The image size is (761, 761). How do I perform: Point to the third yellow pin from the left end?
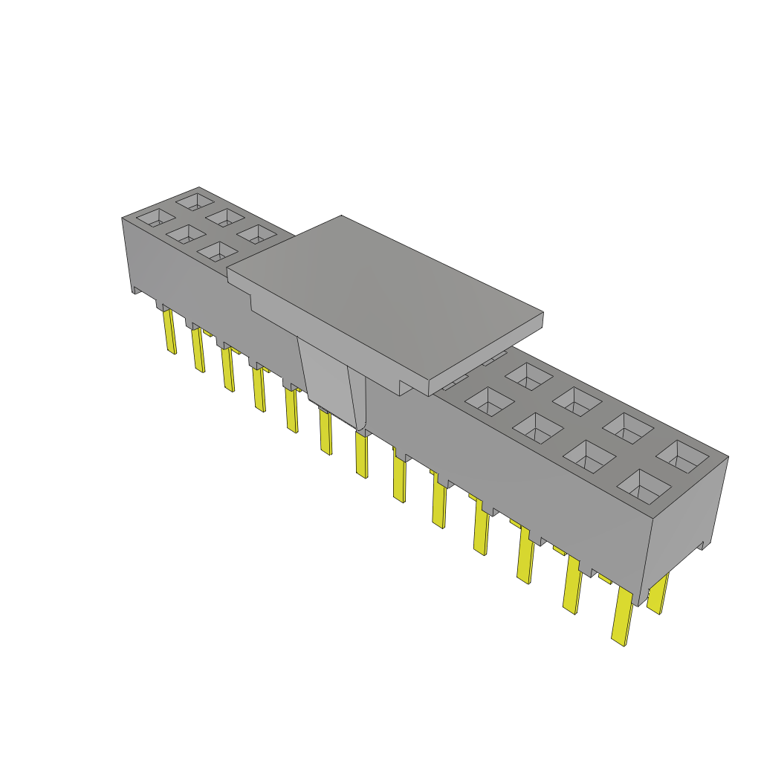tap(227, 369)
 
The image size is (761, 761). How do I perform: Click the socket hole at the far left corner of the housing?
tap(154, 218)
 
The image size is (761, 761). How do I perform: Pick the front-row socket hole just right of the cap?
tap(489, 401)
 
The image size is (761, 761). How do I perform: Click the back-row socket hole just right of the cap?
tap(528, 375)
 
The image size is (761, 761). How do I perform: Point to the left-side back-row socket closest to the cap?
tap(257, 235)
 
